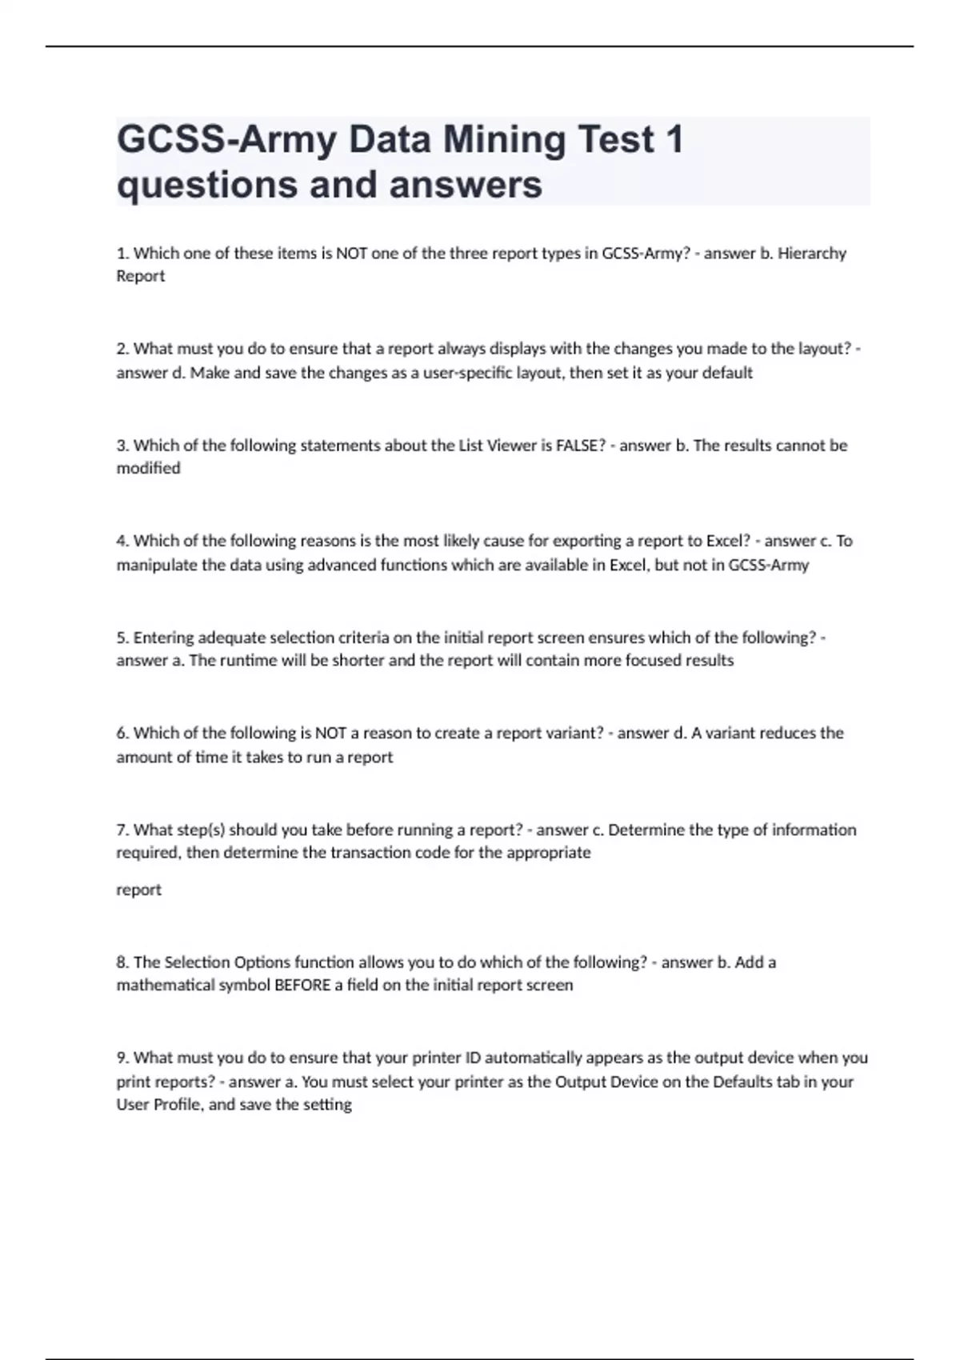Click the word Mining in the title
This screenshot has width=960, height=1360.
(503, 140)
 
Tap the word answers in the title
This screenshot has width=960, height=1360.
(466, 185)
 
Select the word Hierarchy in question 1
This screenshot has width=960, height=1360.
(812, 254)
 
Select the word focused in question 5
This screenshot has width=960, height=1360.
(653, 661)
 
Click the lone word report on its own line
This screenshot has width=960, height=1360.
(138, 890)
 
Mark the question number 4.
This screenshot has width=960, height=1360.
(122, 541)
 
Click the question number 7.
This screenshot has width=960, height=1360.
(122, 830)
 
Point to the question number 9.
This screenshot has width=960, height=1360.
(122, 1058)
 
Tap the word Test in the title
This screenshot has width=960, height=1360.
(616, 140)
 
